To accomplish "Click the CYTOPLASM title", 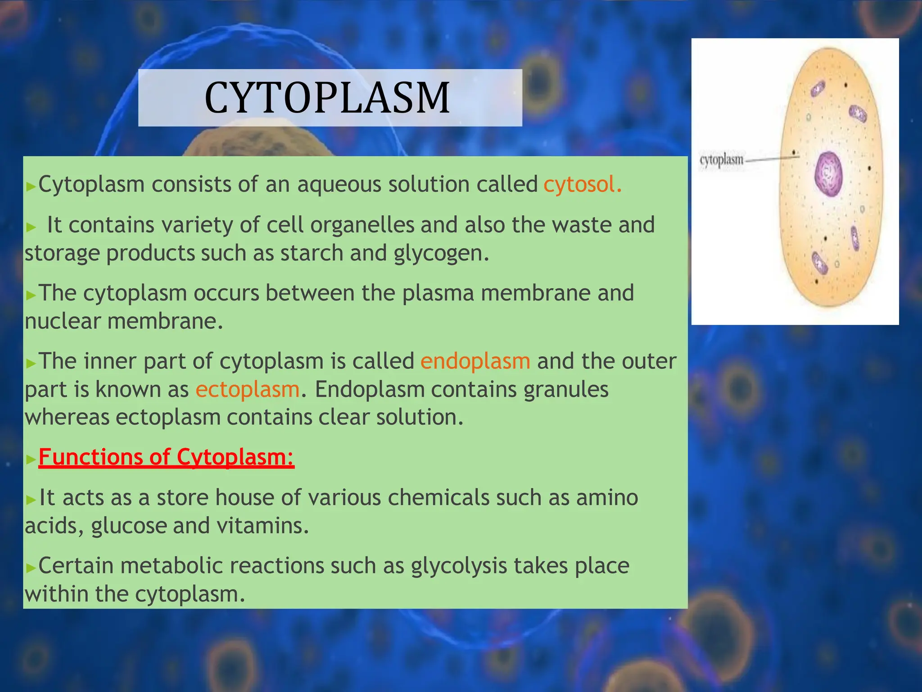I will pos(327,97).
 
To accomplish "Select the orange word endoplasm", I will pos(475,361).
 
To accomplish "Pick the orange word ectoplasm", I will pos(248,390).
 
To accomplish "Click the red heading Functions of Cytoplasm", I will pos(166,458).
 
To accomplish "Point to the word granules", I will pos(566,390).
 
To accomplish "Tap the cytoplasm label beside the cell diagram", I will pos(721,160).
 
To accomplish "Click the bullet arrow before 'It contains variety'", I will pos(31,227).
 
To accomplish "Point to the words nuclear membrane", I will pos(124,321).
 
